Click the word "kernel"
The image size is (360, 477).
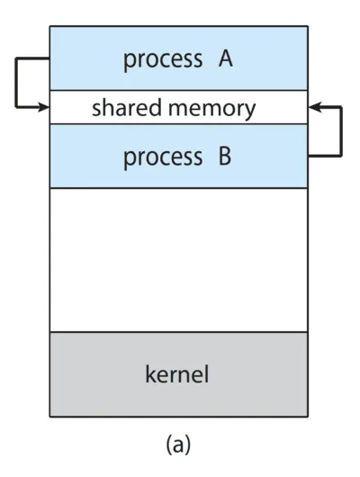177,373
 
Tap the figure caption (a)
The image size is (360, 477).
177,445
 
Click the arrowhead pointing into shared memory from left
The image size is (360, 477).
44,107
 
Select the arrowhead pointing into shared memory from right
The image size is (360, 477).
313,107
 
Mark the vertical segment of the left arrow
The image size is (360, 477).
16,85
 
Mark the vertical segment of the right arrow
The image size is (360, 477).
341,131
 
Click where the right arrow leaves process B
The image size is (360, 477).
309,156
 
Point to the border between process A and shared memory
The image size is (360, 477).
178,91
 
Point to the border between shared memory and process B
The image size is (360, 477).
178,124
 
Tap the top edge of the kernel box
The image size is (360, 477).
178,332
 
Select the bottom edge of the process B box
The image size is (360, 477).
178,188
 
